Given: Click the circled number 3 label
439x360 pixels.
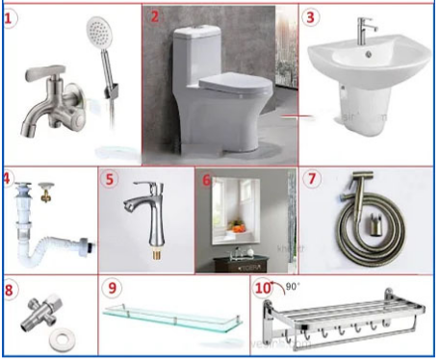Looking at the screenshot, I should click(310, 17).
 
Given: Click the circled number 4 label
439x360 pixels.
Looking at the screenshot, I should click(7, 179).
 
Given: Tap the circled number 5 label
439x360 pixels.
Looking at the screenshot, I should click(111, 180).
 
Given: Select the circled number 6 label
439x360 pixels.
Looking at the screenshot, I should click(207, 180).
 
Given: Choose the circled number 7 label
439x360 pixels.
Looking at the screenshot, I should click(310, 180).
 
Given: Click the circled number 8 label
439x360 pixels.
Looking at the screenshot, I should click(10, 288).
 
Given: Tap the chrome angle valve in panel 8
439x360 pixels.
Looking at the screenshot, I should click(43, 310).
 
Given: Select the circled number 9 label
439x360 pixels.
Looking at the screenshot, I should click(112, 288).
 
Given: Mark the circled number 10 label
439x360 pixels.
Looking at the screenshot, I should click(263, 288).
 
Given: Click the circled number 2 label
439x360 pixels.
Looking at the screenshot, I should click(156, 17).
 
